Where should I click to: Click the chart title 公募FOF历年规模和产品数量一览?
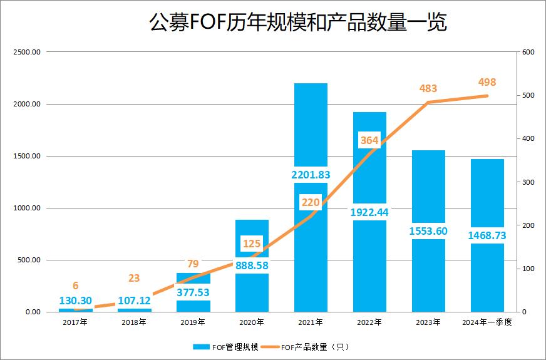click(x=297, y=24)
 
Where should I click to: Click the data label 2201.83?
click(x=311, y=175)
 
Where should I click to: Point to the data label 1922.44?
click(x=369, y=212)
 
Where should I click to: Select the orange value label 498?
click(x=487, y=83)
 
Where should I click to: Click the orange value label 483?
click(x=428, y=89)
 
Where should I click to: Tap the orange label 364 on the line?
click(x=369, y=140)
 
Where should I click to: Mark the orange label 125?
click(x=252, y=243)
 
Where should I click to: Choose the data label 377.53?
click(x=193, y=292)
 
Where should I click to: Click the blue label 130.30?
click(x=76, y=301)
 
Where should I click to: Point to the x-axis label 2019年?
click(x=193, y=322)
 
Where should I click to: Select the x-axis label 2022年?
click(x=369, y=322)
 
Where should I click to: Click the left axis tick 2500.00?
click(x=27, y=52)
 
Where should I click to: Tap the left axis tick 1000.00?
click(x=27, y=208)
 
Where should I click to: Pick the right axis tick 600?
click(x=528, y=52)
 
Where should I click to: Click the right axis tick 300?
click(x=528, y=182)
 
